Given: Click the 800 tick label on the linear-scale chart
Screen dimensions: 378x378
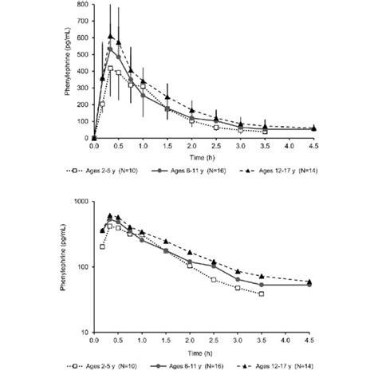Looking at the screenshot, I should click(83, 5).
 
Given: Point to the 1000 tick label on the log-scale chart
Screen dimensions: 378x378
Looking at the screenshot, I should click(81, 202).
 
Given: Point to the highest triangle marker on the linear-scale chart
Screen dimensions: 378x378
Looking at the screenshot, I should click(111, 36).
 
